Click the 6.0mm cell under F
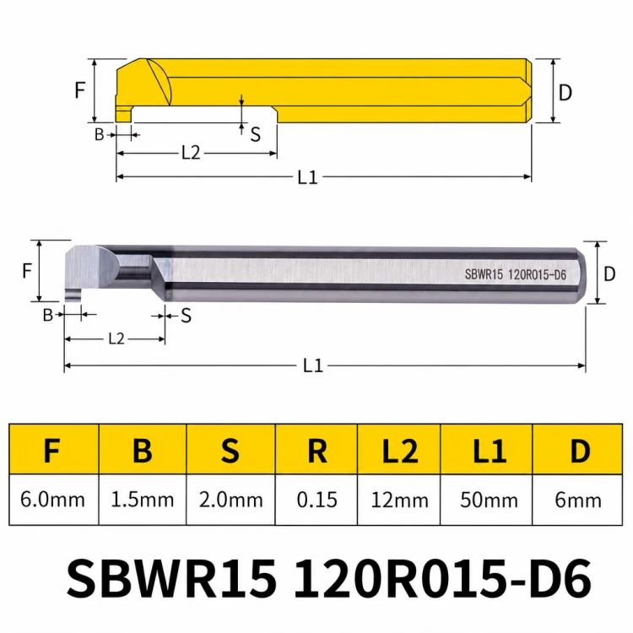[53, 500]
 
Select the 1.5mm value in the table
[142, 500]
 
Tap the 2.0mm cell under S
[230, 500]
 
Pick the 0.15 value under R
[316, 500]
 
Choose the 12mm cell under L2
[399, 500]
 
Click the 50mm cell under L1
[489, 500]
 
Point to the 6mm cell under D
[577, 500]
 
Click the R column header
[316, 451]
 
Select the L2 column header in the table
[400, 451]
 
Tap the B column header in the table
[143, 451]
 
